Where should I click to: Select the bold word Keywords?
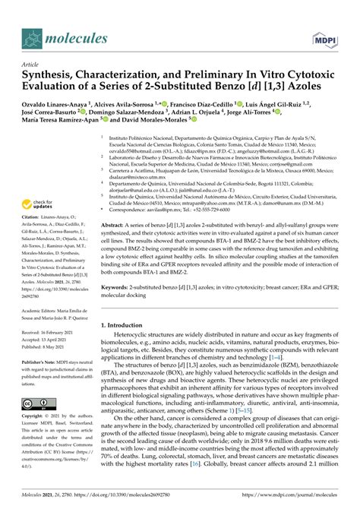pyautogui.click(x=119, y=309)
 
